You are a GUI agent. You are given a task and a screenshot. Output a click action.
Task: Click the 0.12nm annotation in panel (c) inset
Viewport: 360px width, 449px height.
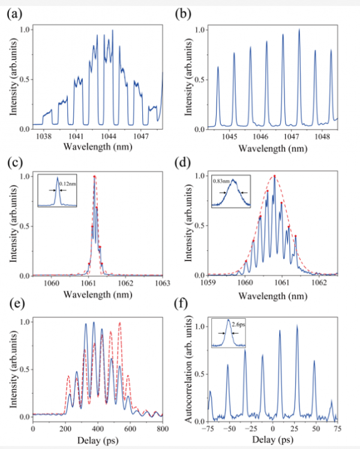point(69,193)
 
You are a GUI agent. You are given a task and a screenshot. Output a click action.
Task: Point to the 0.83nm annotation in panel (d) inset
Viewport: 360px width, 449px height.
point(223,178)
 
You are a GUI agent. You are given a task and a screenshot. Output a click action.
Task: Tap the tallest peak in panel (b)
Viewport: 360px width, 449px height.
point(299,30)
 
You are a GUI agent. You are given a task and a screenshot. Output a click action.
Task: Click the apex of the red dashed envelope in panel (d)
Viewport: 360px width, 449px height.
point(275,176)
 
